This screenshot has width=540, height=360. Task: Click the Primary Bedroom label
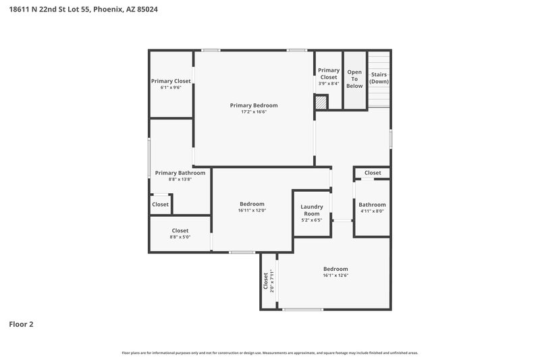pos(253,105)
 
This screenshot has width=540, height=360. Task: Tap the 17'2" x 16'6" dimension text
pos(254,112)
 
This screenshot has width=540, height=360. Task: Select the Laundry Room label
pos(312,210)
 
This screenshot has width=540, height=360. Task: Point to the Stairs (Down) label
pos(379,78)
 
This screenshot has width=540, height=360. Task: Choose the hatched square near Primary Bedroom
pos(320,102)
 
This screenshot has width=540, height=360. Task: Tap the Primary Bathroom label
pos(180,173)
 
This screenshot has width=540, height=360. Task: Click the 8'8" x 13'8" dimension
pos(180,180)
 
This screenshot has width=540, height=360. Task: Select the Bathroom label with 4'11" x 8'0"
pos(372,205)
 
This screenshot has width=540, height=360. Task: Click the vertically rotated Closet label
pos(265,280)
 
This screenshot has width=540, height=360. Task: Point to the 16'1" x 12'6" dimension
pos(335,276)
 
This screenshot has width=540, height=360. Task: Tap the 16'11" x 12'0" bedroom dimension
pos(252,211)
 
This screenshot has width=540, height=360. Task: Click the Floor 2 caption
pos(21,324)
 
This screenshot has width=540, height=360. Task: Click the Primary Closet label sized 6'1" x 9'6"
pos(171,81)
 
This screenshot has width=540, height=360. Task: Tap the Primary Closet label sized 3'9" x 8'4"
pos(329,74)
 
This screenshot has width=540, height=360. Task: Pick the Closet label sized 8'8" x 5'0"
pos(180,230)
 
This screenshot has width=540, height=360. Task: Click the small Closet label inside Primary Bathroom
pos(161,204)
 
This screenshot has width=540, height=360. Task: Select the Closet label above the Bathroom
pos(373,173)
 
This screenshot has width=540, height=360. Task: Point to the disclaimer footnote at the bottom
pos(270,353)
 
